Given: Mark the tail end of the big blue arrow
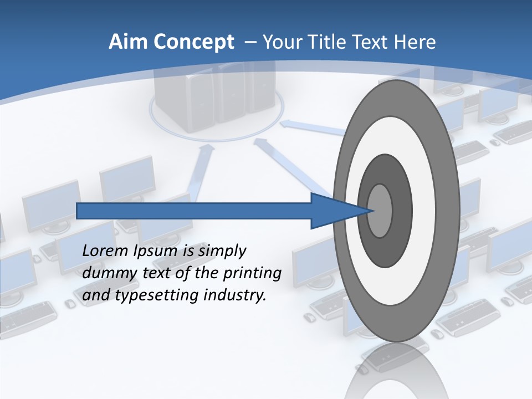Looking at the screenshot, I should coord(78,211).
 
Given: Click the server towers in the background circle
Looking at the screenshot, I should coord(216,91).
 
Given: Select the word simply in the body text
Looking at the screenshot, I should coord(222,251).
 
